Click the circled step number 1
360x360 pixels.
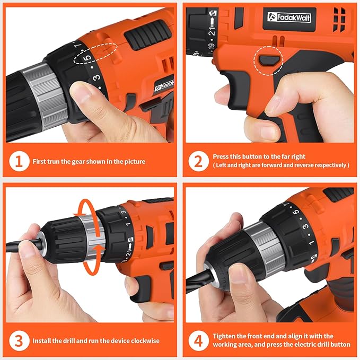[x=19, y=161]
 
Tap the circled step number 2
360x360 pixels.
[x=198, y=161]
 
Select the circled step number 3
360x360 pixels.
[x=19, y=340]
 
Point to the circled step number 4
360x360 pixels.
[x=198, y=340]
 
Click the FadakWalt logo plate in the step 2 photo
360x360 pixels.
[x=289, y=17]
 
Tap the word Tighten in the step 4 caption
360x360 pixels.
[x=225, y=336]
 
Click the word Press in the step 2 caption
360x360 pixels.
[x=222, y=157]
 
